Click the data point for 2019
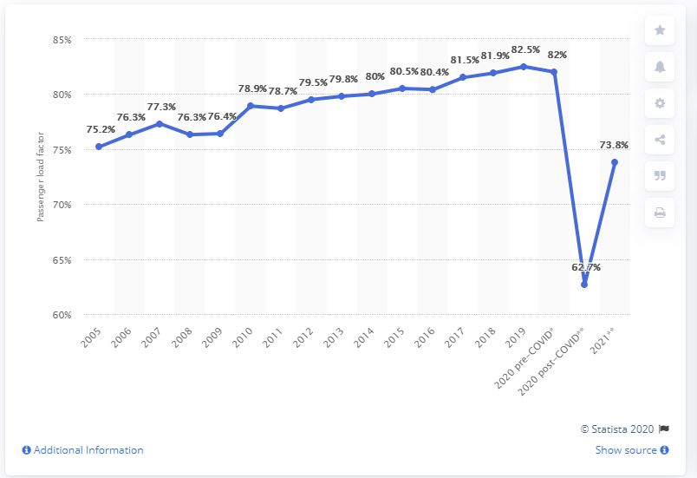click(523, 67)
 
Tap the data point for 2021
click(615, 162)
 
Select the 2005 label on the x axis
click(91, 337)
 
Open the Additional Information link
click(82, 450)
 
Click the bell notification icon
click(660, 67)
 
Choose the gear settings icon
click(660, 103)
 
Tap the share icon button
click(660, 140)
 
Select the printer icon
click(660, 213)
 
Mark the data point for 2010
click(250, 106)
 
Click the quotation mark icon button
click(660, 176)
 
